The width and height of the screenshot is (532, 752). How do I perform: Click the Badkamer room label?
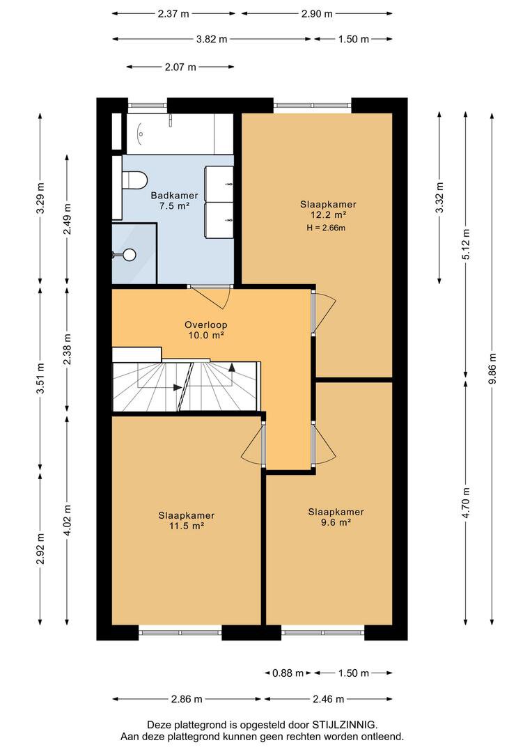click(x=174, y=195)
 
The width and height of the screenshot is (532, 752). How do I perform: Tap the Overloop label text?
click(x=206, y=324)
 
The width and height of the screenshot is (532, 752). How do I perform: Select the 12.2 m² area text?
click(x=328, y=215)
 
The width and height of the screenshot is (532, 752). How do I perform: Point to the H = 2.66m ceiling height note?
click(x=326, y=228)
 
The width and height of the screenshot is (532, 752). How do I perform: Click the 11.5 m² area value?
click(x=186, y=526)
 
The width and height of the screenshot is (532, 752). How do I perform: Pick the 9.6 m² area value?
click(x=336, y=522)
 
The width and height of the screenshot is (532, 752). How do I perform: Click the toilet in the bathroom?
click(x=134, y=180)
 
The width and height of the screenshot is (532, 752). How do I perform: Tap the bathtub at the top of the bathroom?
click(x=180, y=134)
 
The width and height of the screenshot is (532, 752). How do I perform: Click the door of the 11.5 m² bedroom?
click(x=253, y=445)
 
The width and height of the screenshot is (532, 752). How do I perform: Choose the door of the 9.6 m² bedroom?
click(x=323, y=444)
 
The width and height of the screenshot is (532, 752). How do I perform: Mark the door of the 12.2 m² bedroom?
click(x=323, y=312)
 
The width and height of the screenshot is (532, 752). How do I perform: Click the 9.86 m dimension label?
click(x=492, y=368)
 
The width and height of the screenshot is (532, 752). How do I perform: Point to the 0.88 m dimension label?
click(x=288, y=673)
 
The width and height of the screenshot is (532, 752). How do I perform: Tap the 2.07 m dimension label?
click(x=180, y=67)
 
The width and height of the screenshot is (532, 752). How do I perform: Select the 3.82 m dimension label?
click(x=212, y=39)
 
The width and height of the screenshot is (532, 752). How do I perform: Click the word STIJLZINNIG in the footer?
click(x=345, y=724)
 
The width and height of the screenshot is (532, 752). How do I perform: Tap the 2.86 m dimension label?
click(x=187, y=699)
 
